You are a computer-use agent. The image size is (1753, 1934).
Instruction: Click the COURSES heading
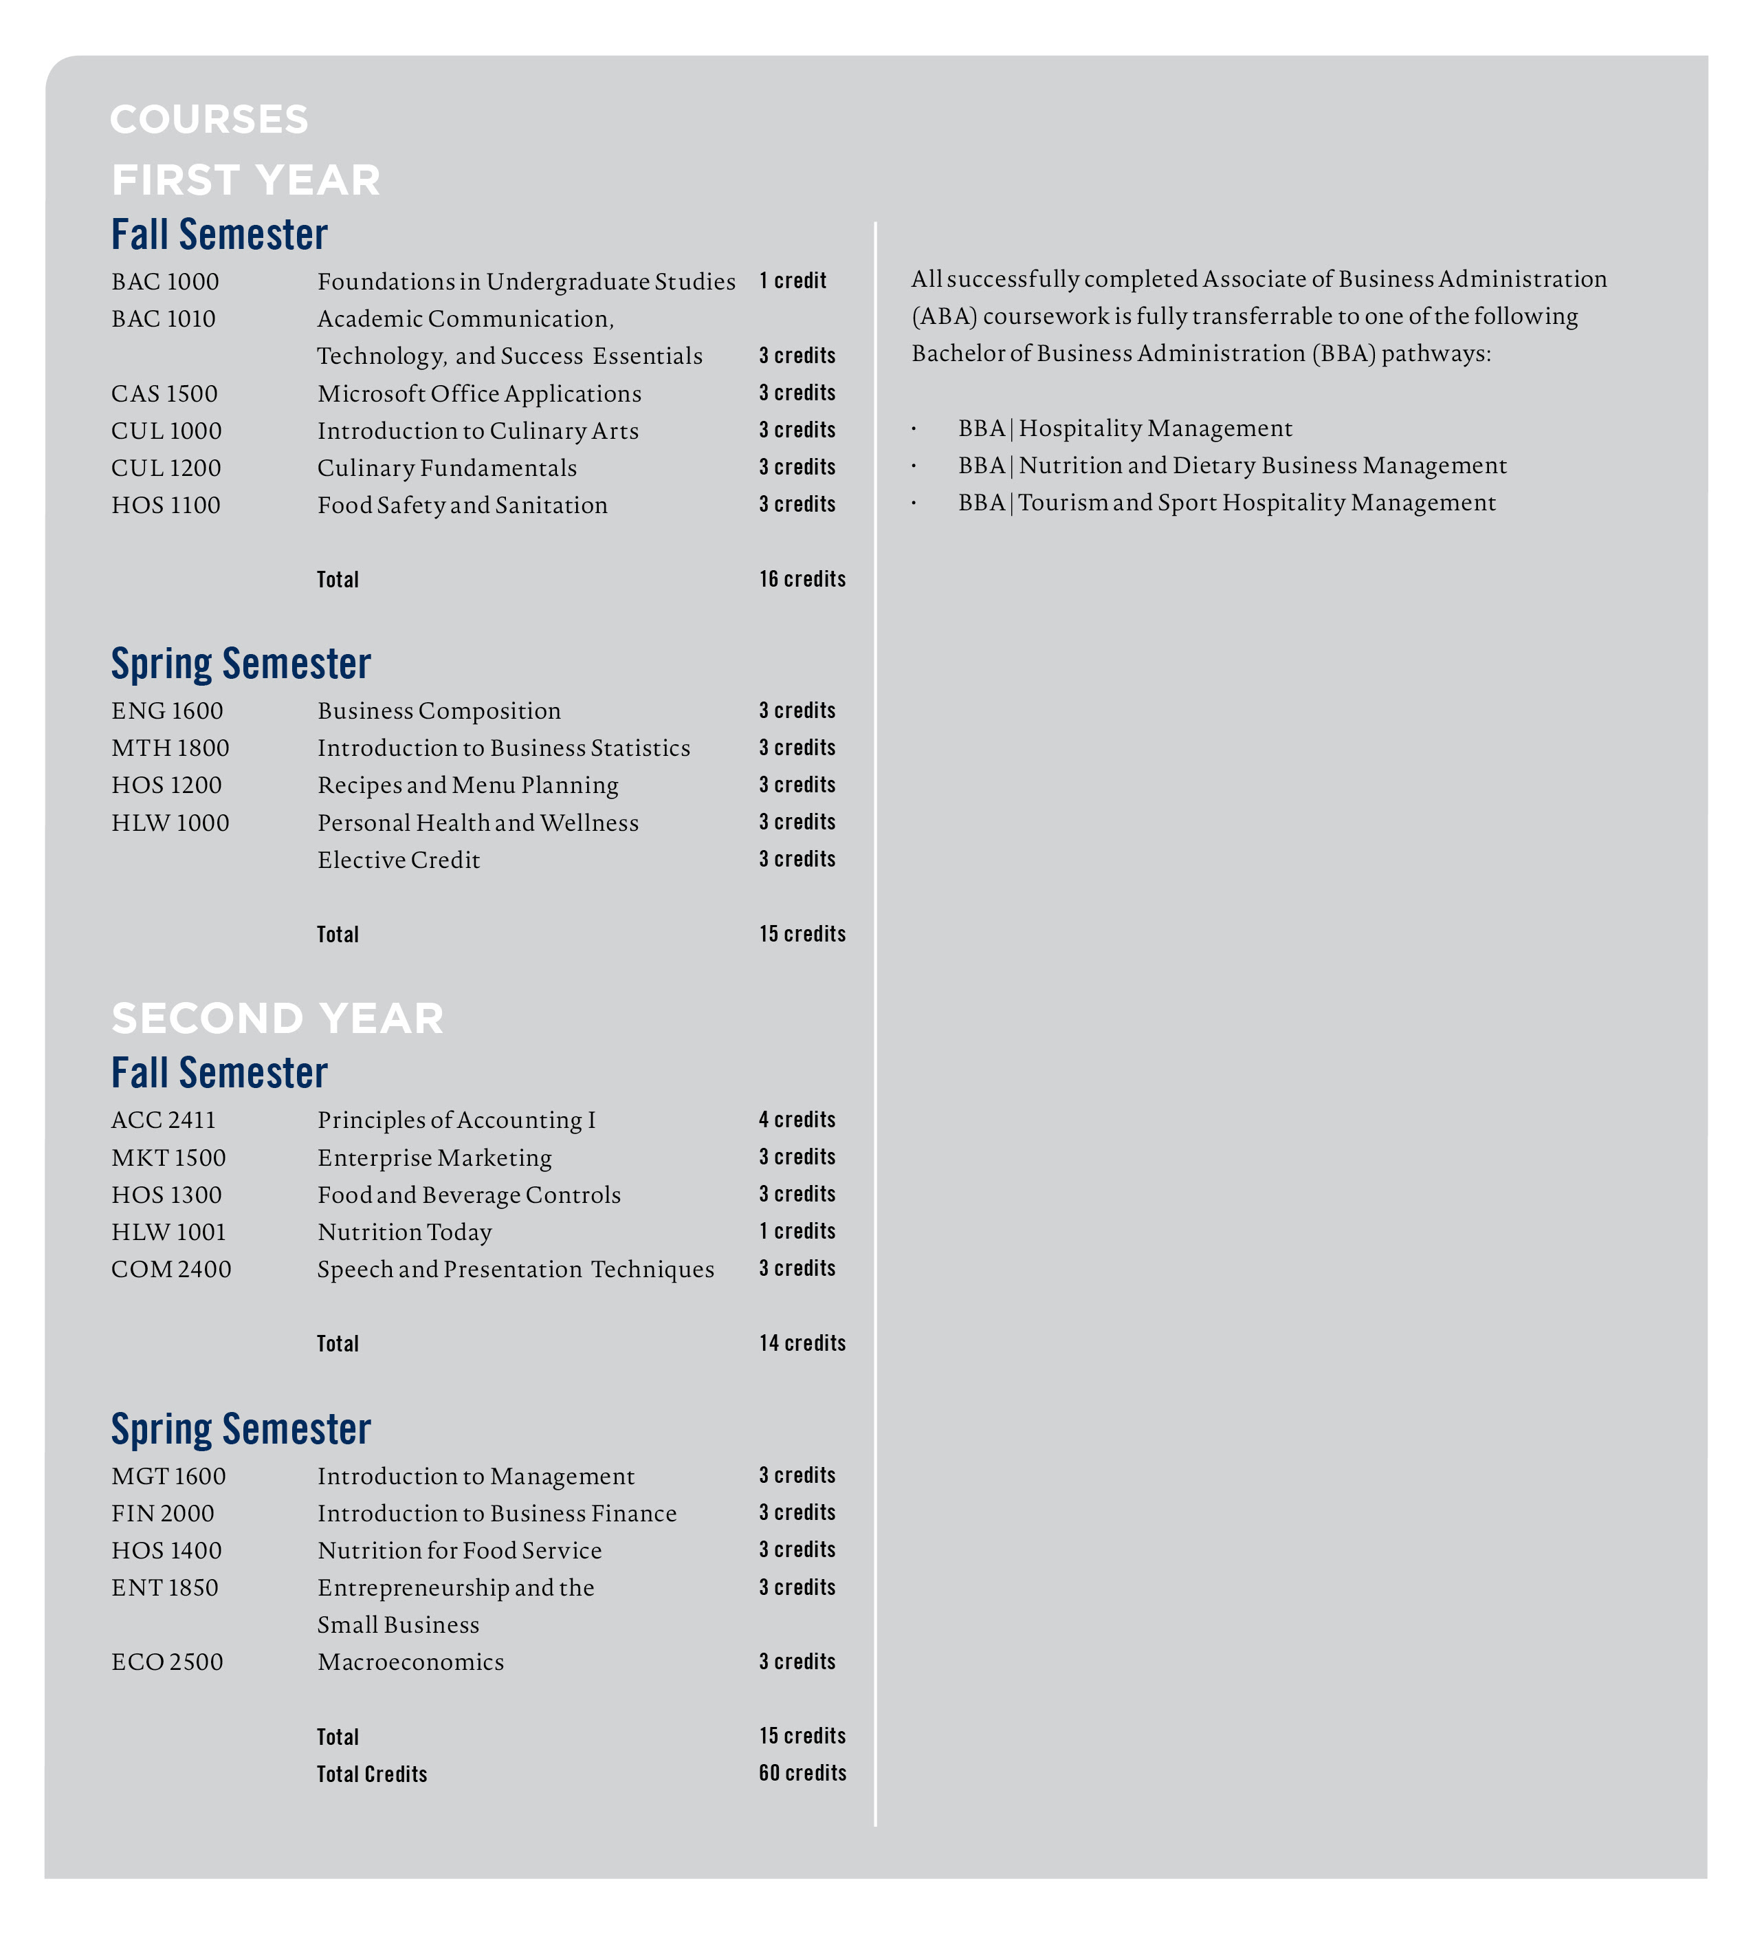click(209, 120)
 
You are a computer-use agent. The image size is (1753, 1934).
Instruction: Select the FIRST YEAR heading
click(245, 180)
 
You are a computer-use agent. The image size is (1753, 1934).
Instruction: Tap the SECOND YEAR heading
click(277, 1019)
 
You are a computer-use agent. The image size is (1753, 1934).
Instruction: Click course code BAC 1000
click(165, 282)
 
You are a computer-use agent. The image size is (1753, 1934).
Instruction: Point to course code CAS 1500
click(164, 394)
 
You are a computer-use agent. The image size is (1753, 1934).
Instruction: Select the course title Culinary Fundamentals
click(447, 468)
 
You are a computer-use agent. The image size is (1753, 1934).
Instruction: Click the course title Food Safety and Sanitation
click(462, 506)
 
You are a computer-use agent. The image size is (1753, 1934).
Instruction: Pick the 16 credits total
click(802, 579)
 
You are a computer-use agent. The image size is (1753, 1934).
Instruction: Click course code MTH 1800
click(170, 748)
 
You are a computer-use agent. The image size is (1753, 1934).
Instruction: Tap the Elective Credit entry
click(398, 860)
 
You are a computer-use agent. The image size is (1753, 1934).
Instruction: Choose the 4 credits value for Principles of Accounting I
click(796, 1120)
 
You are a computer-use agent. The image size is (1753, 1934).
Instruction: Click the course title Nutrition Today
click(404, 1232)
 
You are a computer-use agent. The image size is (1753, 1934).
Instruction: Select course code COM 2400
click(170, 1270)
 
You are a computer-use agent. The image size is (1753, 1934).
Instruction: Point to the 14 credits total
click(802, 1344)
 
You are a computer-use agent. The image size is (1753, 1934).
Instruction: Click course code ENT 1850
click(164, 1587)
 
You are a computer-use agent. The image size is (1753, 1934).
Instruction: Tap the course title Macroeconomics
click(410, 1662)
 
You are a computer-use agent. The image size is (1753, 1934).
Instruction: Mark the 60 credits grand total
click(802, 1774)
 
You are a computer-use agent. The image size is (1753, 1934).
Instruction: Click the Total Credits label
click(372, 1774)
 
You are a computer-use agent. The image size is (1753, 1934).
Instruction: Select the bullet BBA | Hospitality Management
click(1124, 428)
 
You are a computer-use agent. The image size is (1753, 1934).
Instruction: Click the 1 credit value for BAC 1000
click(792, 281)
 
